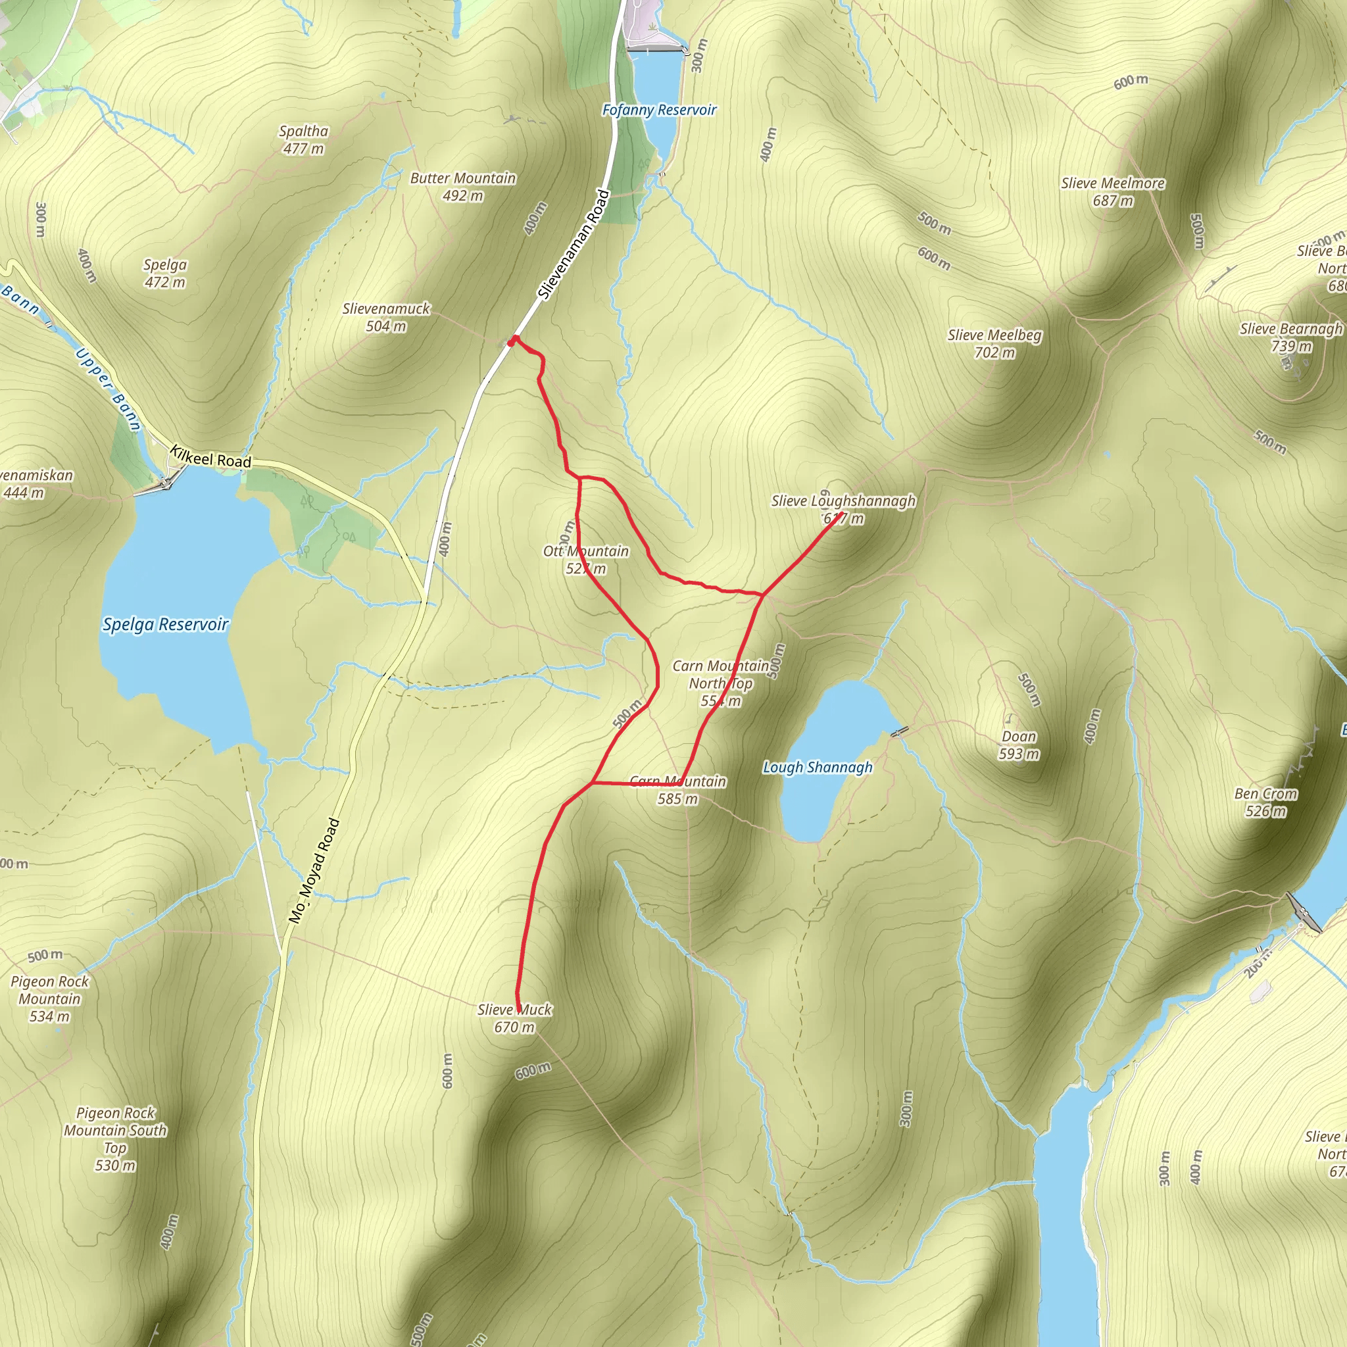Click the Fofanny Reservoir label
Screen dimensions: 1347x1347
659,110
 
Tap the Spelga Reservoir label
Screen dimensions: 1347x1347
165,624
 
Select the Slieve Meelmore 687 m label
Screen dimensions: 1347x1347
1113,192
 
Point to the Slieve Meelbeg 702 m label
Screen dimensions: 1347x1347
994,344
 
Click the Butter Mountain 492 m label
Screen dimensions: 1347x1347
463,187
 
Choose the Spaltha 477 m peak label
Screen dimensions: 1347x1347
303,139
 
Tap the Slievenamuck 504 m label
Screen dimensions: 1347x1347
386,317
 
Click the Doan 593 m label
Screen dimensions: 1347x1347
1019,745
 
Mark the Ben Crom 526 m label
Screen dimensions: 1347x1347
1265,802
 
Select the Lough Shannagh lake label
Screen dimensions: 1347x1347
817,767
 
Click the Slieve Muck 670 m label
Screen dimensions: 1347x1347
514,1018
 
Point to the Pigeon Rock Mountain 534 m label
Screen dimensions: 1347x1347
49,998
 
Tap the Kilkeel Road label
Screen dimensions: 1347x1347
210,458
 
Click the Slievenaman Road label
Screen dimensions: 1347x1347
574,245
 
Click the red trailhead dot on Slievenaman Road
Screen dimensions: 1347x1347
513,340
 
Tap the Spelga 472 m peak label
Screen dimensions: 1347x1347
165,274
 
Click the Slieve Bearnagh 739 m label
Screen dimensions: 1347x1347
1290,337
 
